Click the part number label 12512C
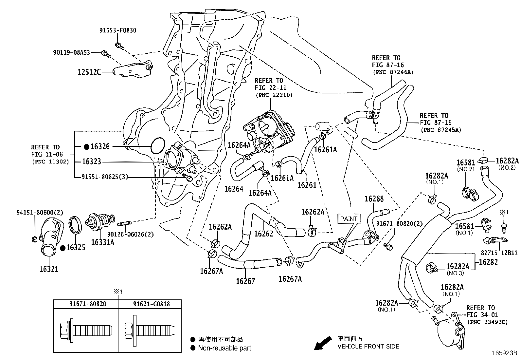(x=89, y=72)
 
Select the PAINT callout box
(x=349, y=219)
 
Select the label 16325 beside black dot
(x=76, y=247)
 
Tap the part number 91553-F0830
(x=118, y=30)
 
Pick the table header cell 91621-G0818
(x=151, y=304)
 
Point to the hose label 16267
(x=245, y=281)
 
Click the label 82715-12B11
(x=499, y=253)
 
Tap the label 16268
(x=374, y=199)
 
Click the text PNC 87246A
(x=393, y=72)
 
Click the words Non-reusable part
(x=225, y=348)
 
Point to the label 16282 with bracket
(x=488, y=262)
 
